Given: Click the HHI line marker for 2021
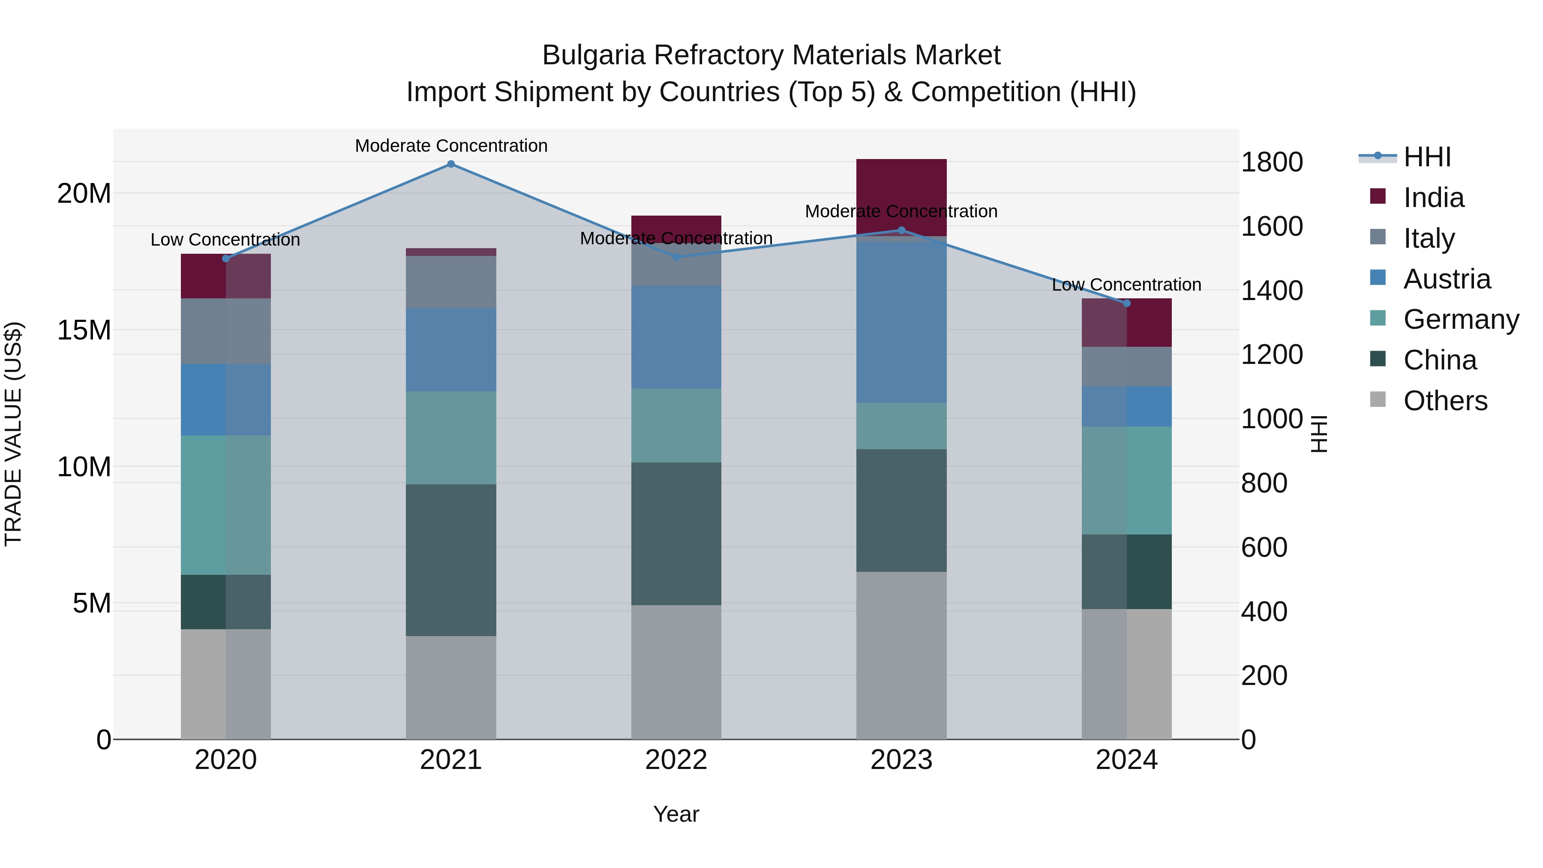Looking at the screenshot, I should click(451, 164).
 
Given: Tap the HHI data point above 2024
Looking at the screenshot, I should click(1126, 303).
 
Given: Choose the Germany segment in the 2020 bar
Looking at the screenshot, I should click(226, 505).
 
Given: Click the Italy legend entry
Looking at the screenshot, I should click(1429, 238).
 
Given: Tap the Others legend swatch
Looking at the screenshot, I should click(1378, 399).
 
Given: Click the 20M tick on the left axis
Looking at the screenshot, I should click(84, 193).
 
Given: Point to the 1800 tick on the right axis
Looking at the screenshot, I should click(1271, 162).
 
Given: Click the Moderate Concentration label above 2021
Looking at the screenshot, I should click(451, 146).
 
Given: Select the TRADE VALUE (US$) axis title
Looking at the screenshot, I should click(14, 434).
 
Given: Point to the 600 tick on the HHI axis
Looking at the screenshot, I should click(1264, 547).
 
